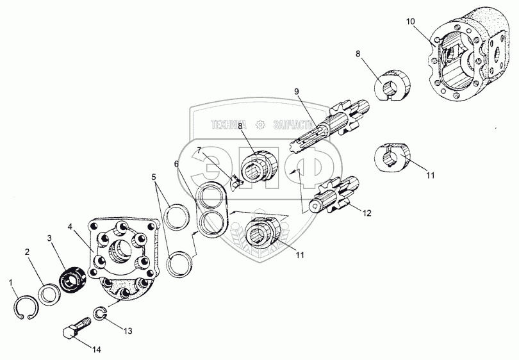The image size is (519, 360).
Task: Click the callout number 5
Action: point(153,176)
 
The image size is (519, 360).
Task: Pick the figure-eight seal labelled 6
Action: point(211,211)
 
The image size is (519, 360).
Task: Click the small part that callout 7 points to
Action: point(235,183)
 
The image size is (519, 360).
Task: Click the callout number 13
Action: point(128,331)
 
